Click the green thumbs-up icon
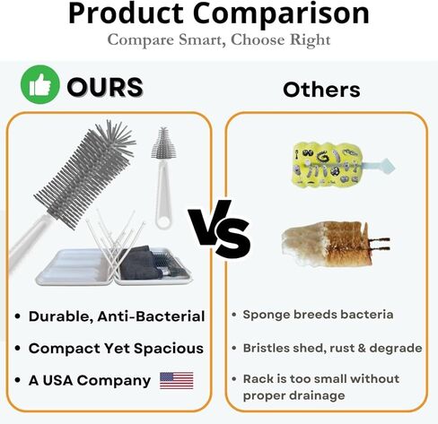[39, 84]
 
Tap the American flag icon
[177, 380]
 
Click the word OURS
[105, 87]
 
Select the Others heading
[321, 90]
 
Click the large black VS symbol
[219, 229]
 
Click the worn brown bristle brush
[335, 244]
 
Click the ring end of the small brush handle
[164, 221]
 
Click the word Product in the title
[126, 13]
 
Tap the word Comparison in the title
[281, 13]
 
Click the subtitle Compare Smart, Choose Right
[219, 40]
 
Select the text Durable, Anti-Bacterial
[117, 316]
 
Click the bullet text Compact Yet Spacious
[116, 349]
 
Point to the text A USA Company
[90, 380]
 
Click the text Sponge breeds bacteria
[318, 315]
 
